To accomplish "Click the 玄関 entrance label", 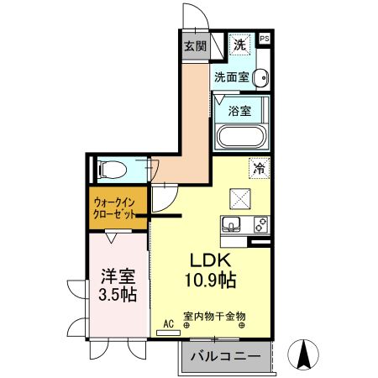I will pos(195,45).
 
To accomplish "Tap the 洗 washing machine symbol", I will pos(240,44).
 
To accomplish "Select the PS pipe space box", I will pos(265,39).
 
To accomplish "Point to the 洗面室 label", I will pos(230,77).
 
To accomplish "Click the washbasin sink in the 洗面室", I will pos(260,78).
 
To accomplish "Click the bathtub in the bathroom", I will pos(242,137).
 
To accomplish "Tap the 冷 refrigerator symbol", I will pos(259,168).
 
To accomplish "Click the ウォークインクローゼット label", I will pos(115,209).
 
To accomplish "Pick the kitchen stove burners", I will pos(259,225).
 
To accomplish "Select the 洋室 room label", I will pos(118,276).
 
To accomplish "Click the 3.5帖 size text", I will pos(118,295).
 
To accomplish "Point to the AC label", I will pos(168,323).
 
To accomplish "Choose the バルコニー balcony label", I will pos(224,357).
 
